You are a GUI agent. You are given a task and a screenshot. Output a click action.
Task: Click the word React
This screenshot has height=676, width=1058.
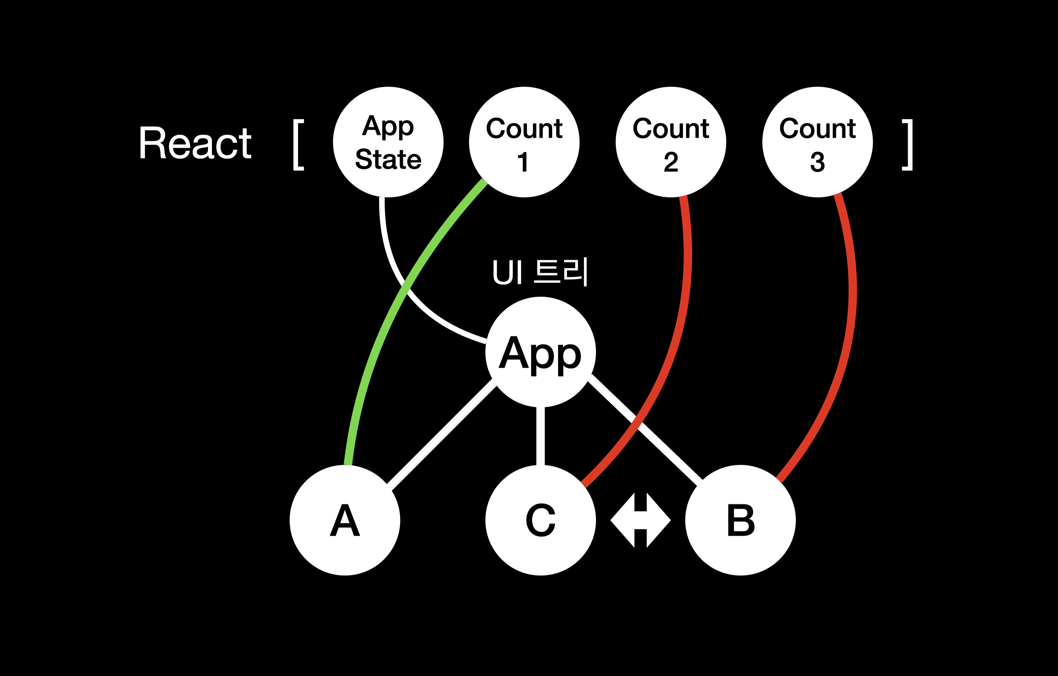[x=195, y=143]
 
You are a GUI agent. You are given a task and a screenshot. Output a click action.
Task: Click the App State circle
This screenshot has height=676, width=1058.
[x=388, y=142]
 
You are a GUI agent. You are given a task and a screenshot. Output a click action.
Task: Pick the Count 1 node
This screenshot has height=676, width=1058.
[x=524, y=142]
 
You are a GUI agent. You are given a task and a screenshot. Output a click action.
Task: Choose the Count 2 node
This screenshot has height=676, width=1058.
[x=671, y=142]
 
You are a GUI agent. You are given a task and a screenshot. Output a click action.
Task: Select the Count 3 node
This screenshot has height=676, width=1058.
[x=817, y=142]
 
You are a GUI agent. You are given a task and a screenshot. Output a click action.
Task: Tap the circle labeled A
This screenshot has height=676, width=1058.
[x=345, y=520]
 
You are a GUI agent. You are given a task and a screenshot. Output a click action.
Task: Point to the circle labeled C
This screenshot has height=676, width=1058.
[x=541, y=520]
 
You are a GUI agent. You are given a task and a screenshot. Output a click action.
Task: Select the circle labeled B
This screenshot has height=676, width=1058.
[x=740, y=520]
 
